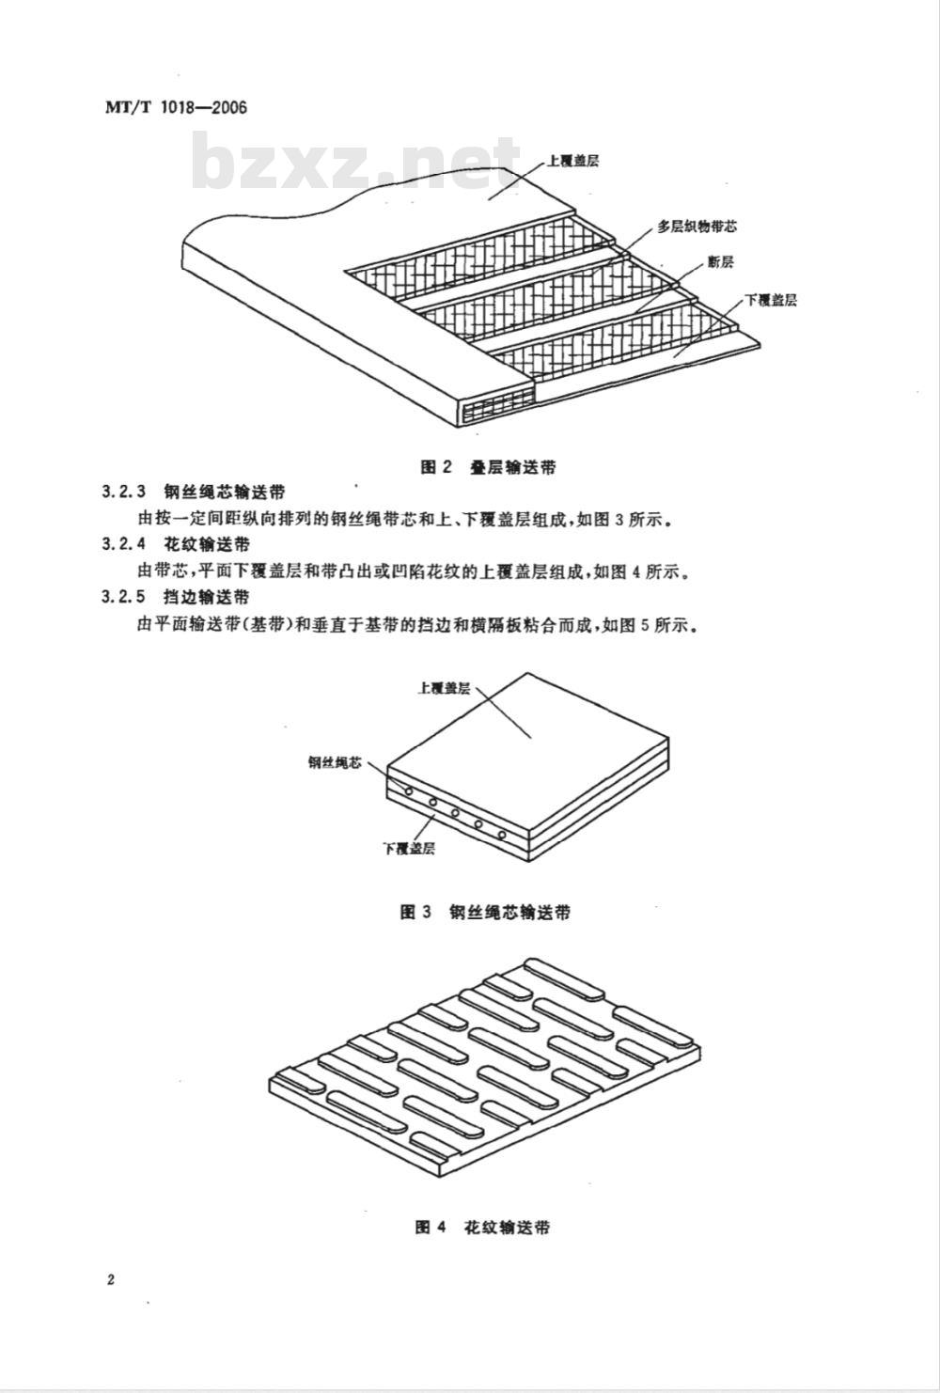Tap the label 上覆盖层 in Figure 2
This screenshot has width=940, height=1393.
point(572,161)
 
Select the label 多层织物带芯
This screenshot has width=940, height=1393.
point(697,227)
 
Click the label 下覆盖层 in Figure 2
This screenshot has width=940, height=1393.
point(771,300)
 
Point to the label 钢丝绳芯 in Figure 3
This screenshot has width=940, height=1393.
point(334,763)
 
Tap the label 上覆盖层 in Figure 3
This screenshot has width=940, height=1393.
point(444,688)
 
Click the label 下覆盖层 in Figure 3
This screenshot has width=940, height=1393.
point(409,848)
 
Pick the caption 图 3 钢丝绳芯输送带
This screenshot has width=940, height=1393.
point(485,912)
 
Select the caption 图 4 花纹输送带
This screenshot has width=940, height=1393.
point(482,1227)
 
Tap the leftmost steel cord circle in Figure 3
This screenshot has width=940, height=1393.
point(409,791)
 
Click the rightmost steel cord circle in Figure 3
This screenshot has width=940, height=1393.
point(502,835)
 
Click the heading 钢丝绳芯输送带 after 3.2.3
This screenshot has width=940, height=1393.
point(226,492)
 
